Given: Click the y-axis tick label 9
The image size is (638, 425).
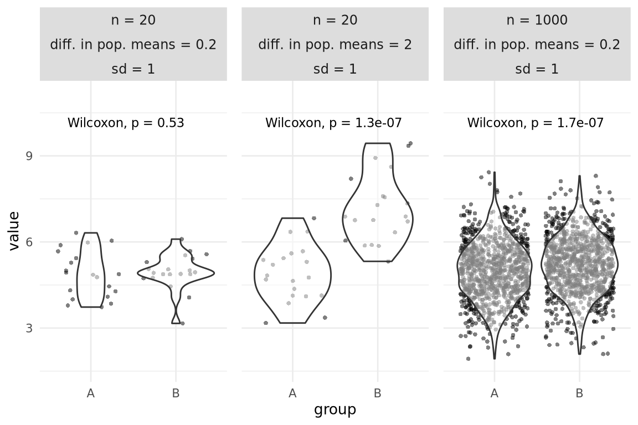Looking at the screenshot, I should [29, 156].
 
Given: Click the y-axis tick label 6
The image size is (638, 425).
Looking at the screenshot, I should [29, 242].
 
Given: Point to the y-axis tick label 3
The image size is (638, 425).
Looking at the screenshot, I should [29, 328].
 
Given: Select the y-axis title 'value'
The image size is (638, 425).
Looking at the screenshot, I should [14, 230].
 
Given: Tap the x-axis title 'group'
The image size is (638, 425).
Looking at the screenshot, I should [335, 410].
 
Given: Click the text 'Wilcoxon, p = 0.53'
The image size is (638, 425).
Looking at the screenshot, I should [126, 123].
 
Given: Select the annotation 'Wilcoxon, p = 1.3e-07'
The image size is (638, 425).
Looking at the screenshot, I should [333, 123].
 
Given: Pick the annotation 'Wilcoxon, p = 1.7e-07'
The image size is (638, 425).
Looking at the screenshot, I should [536, 123].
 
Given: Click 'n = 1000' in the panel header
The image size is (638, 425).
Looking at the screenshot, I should [537, 20].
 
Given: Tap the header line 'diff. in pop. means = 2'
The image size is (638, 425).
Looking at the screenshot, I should [335, 45].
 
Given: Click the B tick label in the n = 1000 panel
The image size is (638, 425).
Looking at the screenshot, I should [579, 394].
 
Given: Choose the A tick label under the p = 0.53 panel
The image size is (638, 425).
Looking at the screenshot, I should [91, 394].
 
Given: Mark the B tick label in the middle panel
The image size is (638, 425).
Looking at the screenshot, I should [378, 394].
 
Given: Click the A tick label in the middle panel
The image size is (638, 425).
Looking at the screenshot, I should [292, 394].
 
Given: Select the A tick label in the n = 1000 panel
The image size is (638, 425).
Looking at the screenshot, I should [495, 394].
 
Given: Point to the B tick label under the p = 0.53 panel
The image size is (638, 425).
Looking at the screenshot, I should [176, 394].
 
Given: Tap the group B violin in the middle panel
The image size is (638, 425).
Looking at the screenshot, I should [378, 210].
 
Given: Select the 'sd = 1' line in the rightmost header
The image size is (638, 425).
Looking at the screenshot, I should [537, 69].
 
